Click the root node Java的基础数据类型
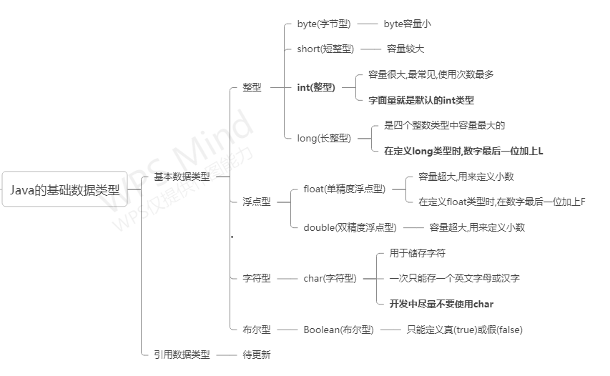click(x=64, y=189)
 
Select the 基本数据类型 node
click(x=182, y=177)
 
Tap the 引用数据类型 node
click(x=182, y=354)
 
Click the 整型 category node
click(x=252, y=87)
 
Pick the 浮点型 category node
click(x=256, y=202)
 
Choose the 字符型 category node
click(x=256, y=278)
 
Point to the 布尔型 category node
click(x=256, y=329)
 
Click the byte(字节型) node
click(x=324, y=24)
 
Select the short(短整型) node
click(x=325, y=49)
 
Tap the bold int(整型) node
click(x=315, y=87)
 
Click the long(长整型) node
click(x=324, y=138)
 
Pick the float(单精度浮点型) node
click(x=344, y=189)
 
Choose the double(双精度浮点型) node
click(x=349, y=227)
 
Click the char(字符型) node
click(x=330, y=278)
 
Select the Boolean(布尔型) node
click(x=338, y=329)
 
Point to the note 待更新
click(x=257, y=354)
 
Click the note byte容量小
click(x=408, y=24)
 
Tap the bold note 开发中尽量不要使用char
click(x=441, y=304)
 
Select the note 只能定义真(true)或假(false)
click(x=465, y=329)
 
